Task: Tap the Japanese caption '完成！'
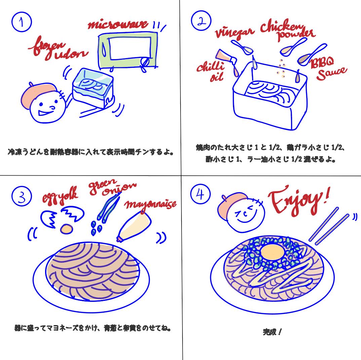(272, 332)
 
